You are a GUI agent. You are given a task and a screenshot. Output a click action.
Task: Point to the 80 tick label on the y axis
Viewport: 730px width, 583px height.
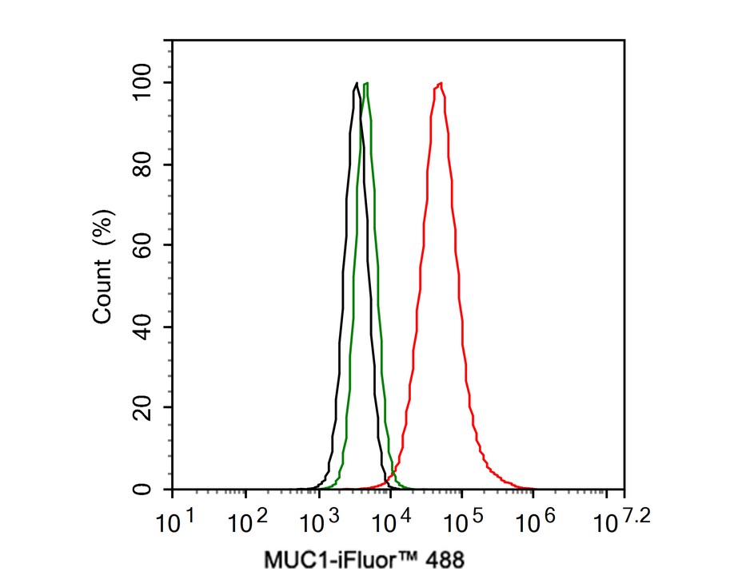145,165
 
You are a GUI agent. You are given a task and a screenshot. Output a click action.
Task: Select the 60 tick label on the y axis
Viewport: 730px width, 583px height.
145,245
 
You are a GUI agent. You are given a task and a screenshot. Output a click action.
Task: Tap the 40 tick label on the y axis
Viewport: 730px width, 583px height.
145,327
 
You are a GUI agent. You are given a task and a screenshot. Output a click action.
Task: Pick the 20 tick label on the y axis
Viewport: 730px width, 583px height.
145,407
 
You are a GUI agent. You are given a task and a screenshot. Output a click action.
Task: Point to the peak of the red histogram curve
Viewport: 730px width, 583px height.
440,83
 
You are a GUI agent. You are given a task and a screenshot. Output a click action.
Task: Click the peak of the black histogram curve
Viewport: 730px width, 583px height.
355,83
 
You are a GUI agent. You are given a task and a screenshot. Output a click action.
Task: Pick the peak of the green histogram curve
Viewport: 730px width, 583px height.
366,83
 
